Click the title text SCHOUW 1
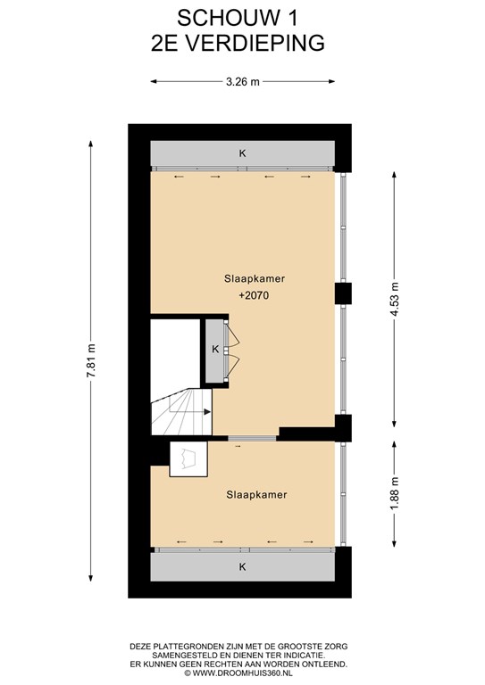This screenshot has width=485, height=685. pyautogui.click(x=238, y=19)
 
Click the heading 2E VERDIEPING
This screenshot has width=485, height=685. pyautogui.click(x=238, y=43)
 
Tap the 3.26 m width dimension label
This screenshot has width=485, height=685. pyautogui.click(x=243, y=82)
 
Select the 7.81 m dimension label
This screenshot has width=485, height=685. pyautogui.click(x=91, y=360)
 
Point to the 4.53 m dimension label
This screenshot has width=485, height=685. pyautogui.click(x=395, y=300)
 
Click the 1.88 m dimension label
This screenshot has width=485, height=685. pyautogui.click(x=395, y=492)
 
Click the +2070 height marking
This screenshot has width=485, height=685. pyautogui.click(x=254, y=296)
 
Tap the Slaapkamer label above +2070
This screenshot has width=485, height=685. pyautogui.click(x=255, y=278)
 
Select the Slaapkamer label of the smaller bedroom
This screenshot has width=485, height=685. pyautogui.click(x=256, y=495)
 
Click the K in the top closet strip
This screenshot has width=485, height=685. pyautogui.click(x=242, y=153)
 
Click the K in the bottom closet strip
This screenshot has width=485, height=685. pyautogui.click(x=242, y=567)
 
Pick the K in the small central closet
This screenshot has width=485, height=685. pyautogui.click(x=215, y=350)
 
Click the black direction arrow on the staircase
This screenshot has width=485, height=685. pyautogui.click(x=207, y=411)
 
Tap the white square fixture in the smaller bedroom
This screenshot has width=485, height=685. pyautogui.click(x=188, y=458)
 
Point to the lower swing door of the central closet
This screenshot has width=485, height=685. pyautogui.click(x=232, y=364)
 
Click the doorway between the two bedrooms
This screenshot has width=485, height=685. pyautogui.click(x=253, y=438)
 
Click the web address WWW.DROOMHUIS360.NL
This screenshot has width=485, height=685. pyautogui.click(x=243, y=673)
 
